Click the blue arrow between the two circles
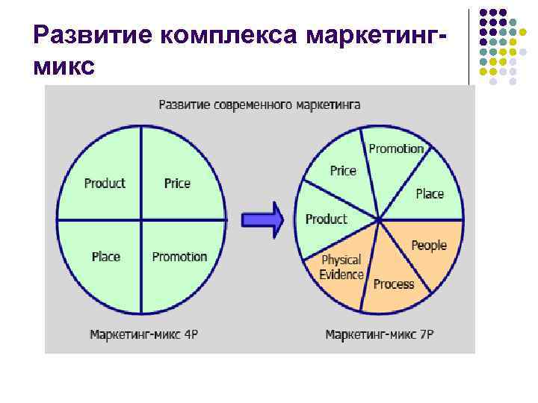262,219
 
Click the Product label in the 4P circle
105,183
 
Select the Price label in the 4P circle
177,183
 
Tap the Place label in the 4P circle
105,256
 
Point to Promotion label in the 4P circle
179,256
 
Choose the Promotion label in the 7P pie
396,149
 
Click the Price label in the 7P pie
343,170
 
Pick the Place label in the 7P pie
430,193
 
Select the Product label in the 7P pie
326,219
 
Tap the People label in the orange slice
429,245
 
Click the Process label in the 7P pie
394,284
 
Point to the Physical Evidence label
341,267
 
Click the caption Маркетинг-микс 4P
144,334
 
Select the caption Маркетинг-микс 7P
380,334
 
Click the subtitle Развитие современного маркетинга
259,104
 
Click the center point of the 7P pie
380,219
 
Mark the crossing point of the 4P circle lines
141,219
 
